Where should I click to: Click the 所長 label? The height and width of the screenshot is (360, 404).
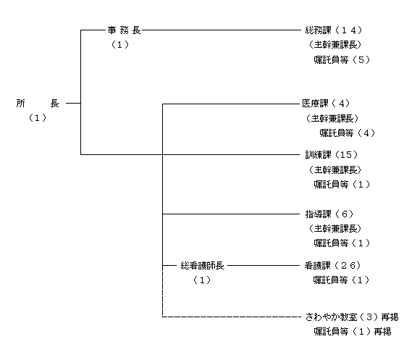(x=38, y=104)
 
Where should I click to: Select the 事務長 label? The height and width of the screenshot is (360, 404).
(x=125, y=30)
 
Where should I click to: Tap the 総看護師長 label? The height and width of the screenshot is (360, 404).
(x=202, y=265)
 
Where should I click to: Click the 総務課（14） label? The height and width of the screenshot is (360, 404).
(x=334, y=30)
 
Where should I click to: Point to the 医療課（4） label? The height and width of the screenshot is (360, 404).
(x=327, y=104)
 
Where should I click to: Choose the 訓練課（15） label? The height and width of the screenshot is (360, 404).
(x=332, y=154)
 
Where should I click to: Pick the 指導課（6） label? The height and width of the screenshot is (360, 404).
(x=329, y=214)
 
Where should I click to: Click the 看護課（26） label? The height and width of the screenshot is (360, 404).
(x=332, y=265)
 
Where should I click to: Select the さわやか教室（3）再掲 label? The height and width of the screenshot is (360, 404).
(x=352, y=317)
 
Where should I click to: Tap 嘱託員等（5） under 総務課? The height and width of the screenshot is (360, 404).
(x=342, y=60)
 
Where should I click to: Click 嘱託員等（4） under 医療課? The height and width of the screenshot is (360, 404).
(x=348, y=133)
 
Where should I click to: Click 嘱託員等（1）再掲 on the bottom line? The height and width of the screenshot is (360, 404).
(x=353, y=332)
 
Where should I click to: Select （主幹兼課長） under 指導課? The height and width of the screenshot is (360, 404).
(x=335, y=229)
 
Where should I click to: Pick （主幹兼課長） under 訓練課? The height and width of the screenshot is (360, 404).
(x=335, y=169)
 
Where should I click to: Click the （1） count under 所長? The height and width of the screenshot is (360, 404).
(x=38, y=118)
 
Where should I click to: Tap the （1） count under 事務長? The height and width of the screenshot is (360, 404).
(x=119, y=45)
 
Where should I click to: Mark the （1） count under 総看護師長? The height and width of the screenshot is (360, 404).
(x=202, y=280)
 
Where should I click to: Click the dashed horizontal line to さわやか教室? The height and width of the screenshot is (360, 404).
(x=232, y=317)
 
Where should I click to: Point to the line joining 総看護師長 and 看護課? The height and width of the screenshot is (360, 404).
(x=264, y=265)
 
